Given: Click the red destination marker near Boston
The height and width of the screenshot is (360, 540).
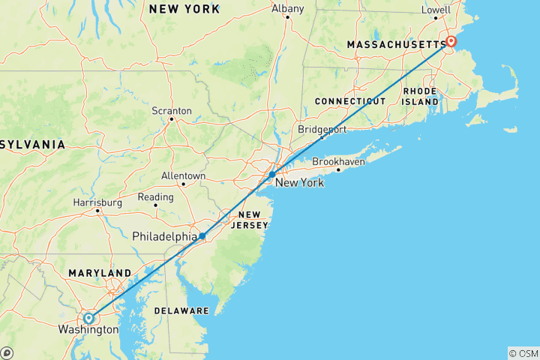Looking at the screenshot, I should (x=451, y=41).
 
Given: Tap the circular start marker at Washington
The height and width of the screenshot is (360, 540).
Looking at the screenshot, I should (x=88, y=318).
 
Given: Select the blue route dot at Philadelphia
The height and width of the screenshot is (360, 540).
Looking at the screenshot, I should (x=202, y=236).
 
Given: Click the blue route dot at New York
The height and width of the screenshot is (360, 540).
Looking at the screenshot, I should (x=272, y=174).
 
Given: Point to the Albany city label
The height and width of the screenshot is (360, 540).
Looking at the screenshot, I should (x=288, y=9).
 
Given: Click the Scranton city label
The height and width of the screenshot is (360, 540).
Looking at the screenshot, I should (x=172, y=110).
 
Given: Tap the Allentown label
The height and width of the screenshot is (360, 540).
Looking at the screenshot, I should (x=183, y=175).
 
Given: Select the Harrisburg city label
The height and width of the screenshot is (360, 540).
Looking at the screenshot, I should (x=97, y=202).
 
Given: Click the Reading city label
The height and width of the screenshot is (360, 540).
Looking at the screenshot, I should (x=156, y=196).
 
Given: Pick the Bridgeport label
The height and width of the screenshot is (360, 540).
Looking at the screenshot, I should (x=322, y=129).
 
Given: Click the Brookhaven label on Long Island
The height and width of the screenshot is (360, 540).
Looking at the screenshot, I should (x=337, y=160).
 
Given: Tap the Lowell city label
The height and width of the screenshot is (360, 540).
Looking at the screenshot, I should (x=436, y=10).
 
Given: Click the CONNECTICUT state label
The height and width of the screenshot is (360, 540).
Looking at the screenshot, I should (x=349, y=100).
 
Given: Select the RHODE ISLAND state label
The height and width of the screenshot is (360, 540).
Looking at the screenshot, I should (x=420, y=96).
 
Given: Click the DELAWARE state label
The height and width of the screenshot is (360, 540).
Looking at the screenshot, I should (x=181, y=310).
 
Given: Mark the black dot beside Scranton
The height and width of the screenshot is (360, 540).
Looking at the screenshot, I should (x=172, y=118).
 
